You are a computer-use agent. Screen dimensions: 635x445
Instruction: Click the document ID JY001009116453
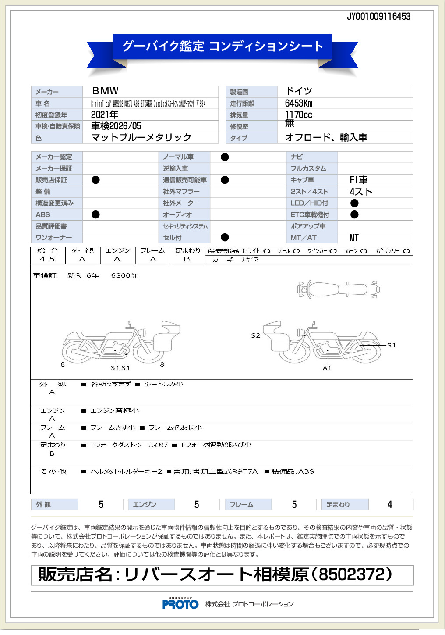(378, 17)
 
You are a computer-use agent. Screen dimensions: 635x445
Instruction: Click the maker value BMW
(105, 91)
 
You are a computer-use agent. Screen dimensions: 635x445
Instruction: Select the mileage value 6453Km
(299, 103)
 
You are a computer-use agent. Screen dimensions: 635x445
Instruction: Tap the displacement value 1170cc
(299, 115)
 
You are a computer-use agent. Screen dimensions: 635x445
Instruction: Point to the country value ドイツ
(299, 91)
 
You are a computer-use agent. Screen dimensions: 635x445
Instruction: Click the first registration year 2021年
(105, 115)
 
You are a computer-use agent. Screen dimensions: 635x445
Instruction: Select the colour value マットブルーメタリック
(141, 138)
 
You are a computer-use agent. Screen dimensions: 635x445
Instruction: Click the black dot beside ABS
(95, 214)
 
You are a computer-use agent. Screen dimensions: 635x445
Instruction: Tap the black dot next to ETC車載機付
(354, 214)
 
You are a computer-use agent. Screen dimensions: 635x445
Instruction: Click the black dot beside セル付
(225, 237)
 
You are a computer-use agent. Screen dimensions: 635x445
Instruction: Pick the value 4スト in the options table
(361, 192)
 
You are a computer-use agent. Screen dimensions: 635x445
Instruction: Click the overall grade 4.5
(47, 259)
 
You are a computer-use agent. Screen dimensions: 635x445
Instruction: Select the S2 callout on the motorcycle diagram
(255, 335)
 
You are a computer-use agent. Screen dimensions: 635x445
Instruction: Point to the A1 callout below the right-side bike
(327, 368)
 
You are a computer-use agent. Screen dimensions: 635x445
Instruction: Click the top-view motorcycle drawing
(338, 289)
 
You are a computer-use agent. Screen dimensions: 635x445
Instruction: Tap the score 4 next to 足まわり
(389, 505)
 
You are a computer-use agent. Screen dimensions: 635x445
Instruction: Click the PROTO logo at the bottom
(180, 604)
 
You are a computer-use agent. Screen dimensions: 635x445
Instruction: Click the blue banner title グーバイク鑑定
(163, 46)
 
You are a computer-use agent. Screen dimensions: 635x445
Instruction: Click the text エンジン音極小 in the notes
(114, 411)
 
